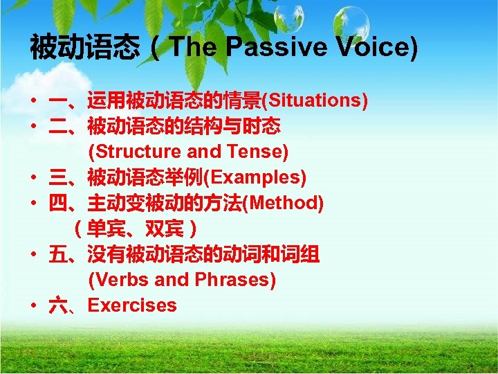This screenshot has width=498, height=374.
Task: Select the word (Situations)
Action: (x=314, y=100)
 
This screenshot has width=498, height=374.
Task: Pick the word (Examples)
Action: (x=253, y=177)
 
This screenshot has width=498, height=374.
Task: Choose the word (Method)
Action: (x=286, y=203)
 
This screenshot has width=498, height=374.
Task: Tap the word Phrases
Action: (x=235, y=280)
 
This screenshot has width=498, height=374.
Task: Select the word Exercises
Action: (x=132, y=305)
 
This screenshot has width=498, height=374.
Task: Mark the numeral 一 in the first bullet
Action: (x=57, y=101)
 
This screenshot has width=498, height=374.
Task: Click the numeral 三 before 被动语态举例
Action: (x=57, y=178)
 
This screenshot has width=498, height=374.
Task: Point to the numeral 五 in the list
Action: (x=57, y=255)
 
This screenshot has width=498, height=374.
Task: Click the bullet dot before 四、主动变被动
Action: (x=33, y=204)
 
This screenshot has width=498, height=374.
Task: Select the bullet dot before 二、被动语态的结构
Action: (x=33, y=127)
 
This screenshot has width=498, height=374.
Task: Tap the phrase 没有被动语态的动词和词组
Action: (x=203, y=255)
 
